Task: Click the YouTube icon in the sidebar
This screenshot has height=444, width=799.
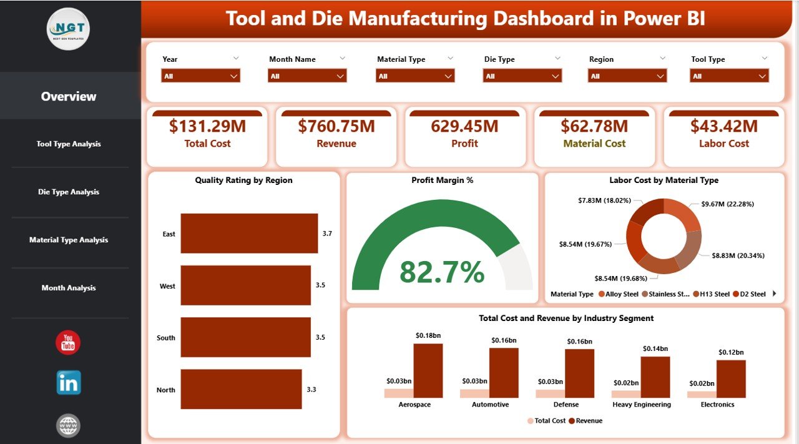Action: (68, 342)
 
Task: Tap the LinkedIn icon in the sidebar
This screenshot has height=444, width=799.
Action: (68, 382)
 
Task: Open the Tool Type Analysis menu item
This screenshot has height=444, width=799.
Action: (69, 144)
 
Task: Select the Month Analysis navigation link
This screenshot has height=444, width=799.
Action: (69, 288)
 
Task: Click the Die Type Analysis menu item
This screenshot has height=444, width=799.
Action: (69, 192)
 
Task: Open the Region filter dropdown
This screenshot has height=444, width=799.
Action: (627, 76)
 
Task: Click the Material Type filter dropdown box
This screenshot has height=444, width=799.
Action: (414, 76)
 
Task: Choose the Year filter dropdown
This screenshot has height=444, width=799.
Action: (200, 76)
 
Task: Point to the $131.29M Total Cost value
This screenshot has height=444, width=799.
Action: (207, 126)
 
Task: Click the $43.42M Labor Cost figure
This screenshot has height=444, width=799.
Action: (723, 126)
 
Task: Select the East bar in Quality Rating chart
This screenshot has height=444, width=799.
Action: (249, 234)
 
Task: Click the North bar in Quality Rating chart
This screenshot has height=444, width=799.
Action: (241, 389)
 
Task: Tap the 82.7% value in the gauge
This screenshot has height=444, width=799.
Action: (442, 272)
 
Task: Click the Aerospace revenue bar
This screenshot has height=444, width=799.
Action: (428, 370)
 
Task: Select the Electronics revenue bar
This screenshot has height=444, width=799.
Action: (730, 378)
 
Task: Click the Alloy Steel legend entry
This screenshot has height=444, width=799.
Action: (620, 294)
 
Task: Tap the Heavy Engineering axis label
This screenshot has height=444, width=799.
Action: (641, 405)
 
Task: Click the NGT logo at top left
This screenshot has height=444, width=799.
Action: (68, 29)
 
